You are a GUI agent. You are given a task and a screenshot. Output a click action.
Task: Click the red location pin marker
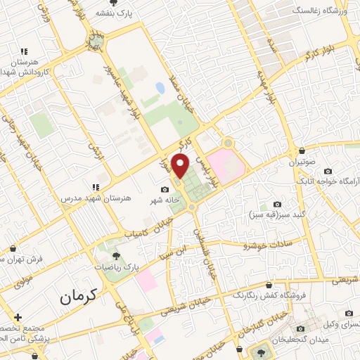click(x=181, y=165)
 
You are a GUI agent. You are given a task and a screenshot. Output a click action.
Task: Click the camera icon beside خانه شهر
click(x=165, y=189)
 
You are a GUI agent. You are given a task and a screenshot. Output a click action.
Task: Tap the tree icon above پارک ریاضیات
click(x=116, y=257)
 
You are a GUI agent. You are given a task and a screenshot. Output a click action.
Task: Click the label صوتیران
click(x=301, y=162)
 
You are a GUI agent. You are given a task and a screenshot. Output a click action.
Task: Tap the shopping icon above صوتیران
click(x=302, y=150)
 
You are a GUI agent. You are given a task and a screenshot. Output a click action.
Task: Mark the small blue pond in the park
click(x=160, y=88)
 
